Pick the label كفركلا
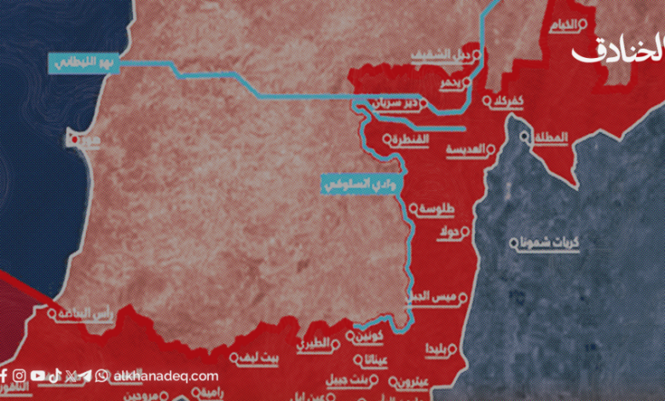[x=508, y=102]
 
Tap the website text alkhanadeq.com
[x=166, y=375]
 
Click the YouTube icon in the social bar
[x=38, y=375]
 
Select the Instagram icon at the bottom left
[x=20, y=375]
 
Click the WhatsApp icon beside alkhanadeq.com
[x=102, y=375]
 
